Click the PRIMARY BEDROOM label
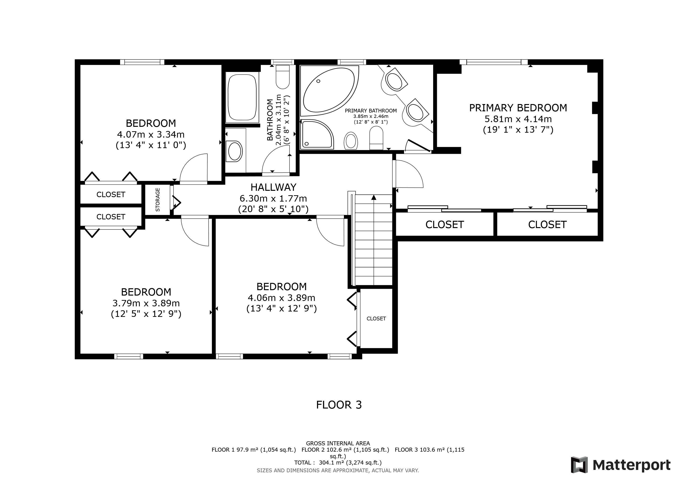click(518, 108)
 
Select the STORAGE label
click(158, 199)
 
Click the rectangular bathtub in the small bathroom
click(242, 97)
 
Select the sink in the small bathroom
click(235, 151)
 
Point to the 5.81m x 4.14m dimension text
click(518, 119)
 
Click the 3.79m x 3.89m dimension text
click(146, 303)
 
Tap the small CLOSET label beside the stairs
click(376, 318)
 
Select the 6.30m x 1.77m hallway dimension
click(273, 198)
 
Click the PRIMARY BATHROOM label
click(371, 111)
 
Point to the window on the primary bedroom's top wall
click(494, 62)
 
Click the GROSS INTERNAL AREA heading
click(338, 443)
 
